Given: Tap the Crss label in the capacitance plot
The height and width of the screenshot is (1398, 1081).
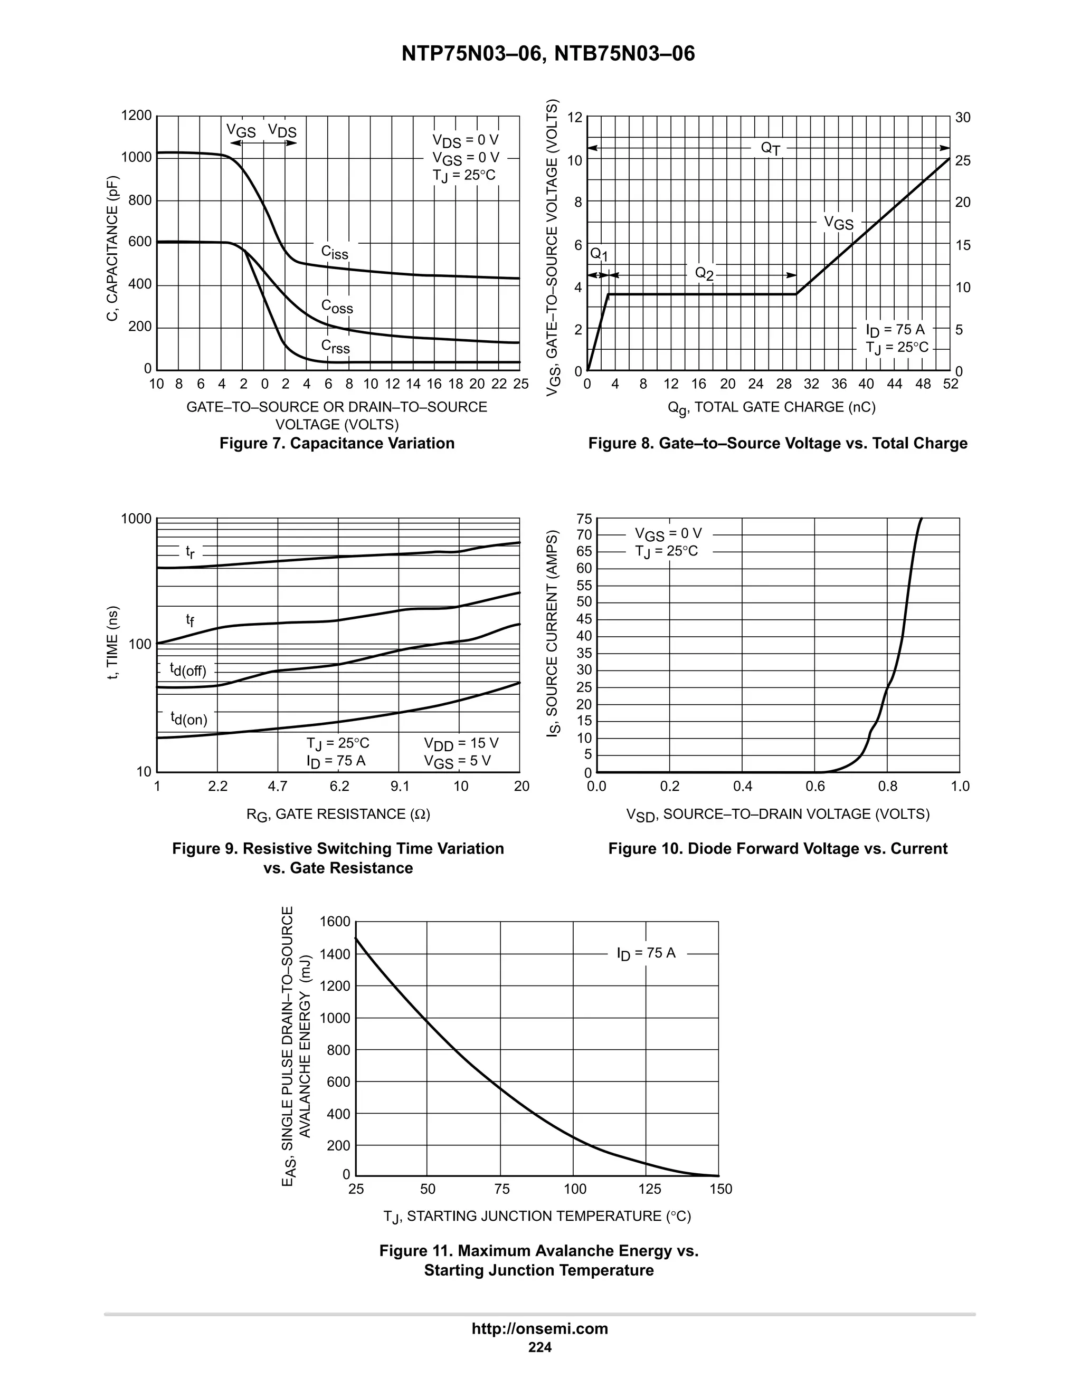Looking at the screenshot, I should tap(336, 347).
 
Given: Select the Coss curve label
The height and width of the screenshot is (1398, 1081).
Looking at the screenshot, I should tap(337, 307).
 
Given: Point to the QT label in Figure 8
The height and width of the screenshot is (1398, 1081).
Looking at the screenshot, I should tap(771, 149).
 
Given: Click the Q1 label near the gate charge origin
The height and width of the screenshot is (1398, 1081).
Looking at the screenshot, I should tap(598, 255).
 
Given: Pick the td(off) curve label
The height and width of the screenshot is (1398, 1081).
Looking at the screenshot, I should tap(187, 669).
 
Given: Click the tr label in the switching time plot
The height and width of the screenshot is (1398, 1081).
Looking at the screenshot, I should tap(190, 551).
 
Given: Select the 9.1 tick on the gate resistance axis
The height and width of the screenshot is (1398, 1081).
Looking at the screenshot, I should tap(400, 786).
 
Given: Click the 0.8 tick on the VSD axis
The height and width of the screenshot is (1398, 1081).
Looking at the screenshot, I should tap(888, 786).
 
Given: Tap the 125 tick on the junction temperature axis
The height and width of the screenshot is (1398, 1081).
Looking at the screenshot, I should tap(649, 1189).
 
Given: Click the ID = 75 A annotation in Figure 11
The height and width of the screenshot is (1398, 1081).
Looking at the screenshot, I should tap(646, 954).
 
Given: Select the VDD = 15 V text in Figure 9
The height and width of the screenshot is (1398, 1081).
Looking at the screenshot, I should tap(461, 743).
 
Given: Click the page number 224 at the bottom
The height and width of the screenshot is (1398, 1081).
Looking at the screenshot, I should tap(540, 1348).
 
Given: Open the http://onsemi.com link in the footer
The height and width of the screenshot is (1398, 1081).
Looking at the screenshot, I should tap(540, 1329).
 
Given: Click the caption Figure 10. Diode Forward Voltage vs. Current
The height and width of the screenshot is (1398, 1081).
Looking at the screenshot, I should tap(777, 849).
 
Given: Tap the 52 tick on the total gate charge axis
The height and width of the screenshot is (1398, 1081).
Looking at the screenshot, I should tap(950, 384).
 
